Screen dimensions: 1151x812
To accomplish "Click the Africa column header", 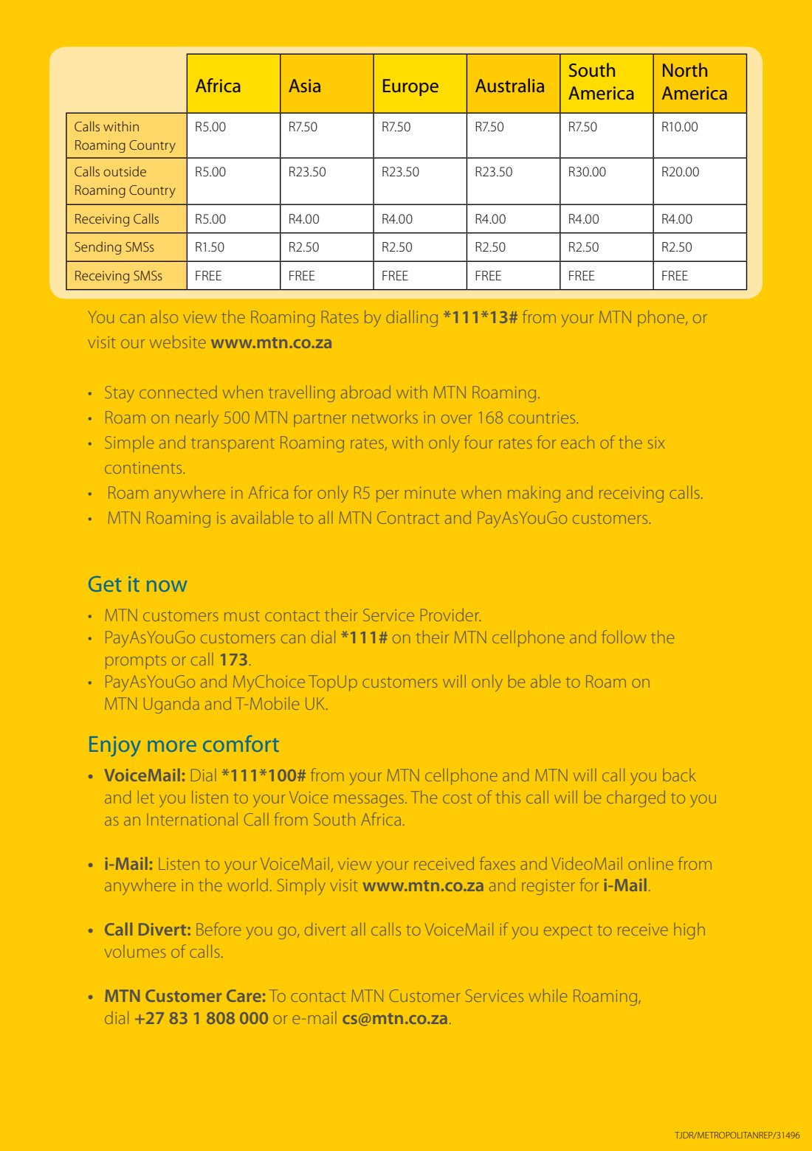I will pyautogui.click(x=219, y=86).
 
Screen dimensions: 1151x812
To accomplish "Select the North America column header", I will pyautogui.click(x=694, y=83).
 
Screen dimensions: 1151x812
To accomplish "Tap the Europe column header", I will pyautogui.click(x=410, y=86).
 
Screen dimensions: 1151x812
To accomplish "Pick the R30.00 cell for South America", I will pyautogui.click(x=587, y=172).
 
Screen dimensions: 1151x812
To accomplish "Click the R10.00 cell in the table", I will pyautogui.click(x=679, y=127).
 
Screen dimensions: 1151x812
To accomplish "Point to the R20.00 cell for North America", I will pyautogui.click(x=680, y=172).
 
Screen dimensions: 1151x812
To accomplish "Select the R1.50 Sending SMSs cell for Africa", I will pyautogui.click(x=210, y=247).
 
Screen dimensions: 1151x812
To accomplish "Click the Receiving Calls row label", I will pyautogui.click(x=117, y=219).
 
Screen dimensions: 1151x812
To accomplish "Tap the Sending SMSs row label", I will pyautogui.click(x=114, y=247).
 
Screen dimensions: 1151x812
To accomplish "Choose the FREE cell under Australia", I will pyautogui.click(x=488, y=276).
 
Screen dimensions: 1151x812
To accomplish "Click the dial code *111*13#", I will pyautogui.click(x=480, y=318).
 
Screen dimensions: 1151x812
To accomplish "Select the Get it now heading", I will pyautogui.click(x=137, y=584).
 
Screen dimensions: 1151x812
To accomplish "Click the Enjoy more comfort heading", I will pyautogui.click(x=183, y=744).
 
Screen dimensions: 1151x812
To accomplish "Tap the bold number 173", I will pyautogui.click(x=233, y=660).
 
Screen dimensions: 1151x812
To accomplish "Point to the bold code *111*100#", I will pyautogui.click(x=264, y=775).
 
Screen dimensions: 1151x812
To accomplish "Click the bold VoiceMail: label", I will pyautogui.click(x=145, y=775).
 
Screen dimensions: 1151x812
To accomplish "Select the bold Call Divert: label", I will pyautogui.click(x=148, y=930).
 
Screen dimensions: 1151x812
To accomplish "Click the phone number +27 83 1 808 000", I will pyautogui.click(x=202, y=1018).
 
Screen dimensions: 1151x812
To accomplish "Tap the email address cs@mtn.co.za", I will pyautogui.click(x=395, y=1018).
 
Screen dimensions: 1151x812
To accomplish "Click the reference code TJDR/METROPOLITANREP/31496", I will pyautogui.click(x=737, y=1136).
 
